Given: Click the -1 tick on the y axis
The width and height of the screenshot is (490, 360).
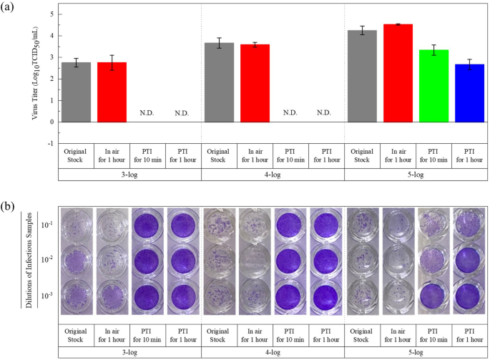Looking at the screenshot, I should [50, 143].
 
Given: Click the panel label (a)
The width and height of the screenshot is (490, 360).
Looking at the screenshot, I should [11, 8].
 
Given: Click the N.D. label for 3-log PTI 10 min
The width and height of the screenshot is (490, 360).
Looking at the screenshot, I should [147, 113].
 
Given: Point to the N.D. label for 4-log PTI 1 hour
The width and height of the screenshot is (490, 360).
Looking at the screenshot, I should [323, 113].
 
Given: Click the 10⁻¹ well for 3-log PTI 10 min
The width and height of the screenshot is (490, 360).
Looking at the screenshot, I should [147, 225].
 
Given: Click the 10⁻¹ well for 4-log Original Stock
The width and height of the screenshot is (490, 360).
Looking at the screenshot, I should [219, 225].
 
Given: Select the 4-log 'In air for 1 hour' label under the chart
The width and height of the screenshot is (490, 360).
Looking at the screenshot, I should [254, 155].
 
